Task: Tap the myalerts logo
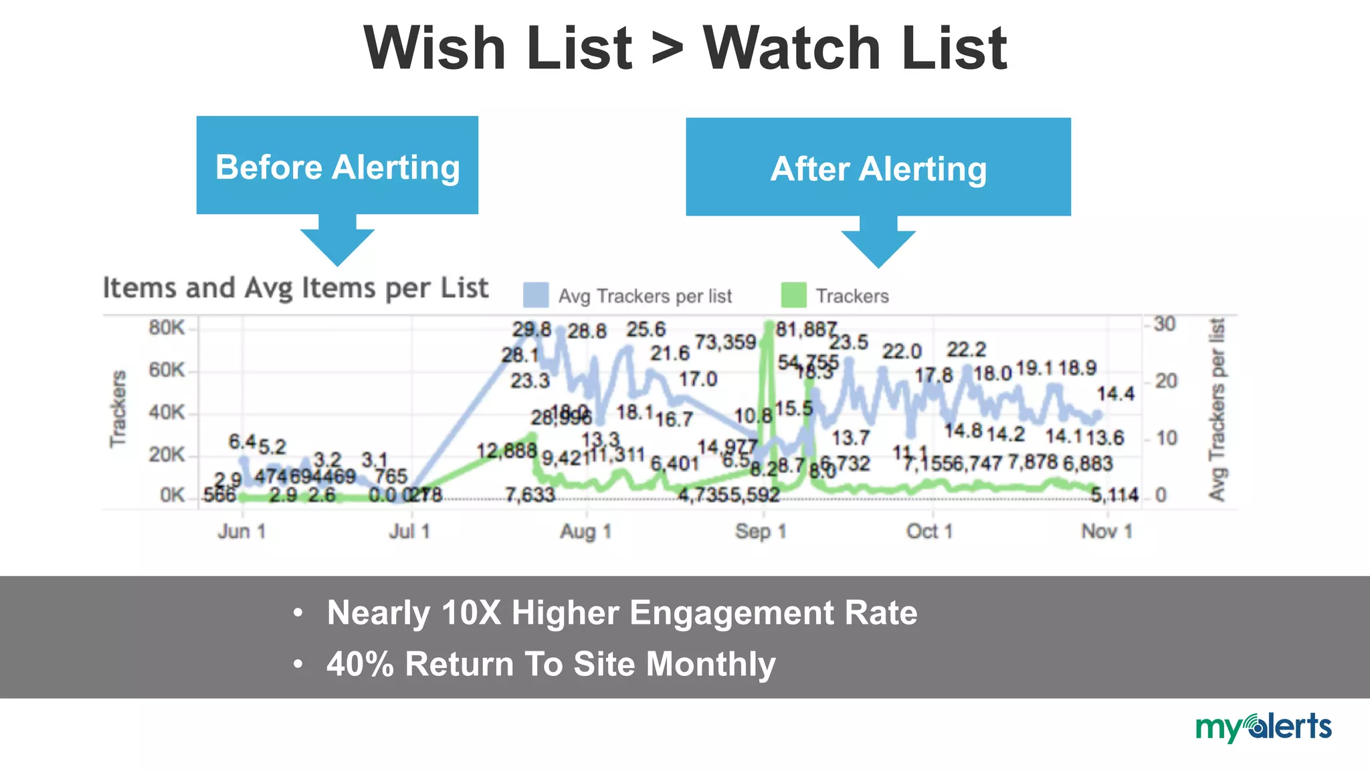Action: tap(1263, 727)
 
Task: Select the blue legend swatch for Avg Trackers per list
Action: tap(536, 295)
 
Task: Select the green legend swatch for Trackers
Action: tap(793, 295)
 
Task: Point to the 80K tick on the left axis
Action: tap(167, 328)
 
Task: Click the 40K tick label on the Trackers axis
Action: tap(167, 412)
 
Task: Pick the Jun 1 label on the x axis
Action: tap(241, 531)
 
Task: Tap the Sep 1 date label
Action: tap(761, 531)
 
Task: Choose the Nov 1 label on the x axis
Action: tap(1106, 531)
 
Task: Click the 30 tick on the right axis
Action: tap(1165, 324)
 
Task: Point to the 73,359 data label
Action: tap(725, 343)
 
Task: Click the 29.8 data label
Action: tap(532, 329)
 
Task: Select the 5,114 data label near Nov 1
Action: tap(1114, 495)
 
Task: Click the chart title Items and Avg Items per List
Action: tap(296, 288)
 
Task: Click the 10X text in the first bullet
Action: tap(471, 612)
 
